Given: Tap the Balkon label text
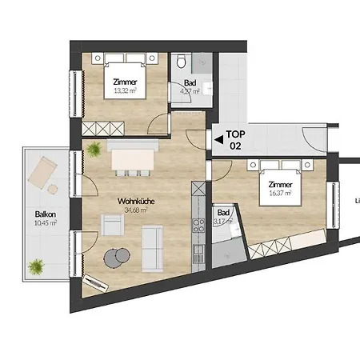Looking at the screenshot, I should (x=45, y=214).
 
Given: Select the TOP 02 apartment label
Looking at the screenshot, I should (x=236, y=140).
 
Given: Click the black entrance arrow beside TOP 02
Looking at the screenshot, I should (x=218, y=139).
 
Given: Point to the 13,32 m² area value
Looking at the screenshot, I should (x=124, y=90).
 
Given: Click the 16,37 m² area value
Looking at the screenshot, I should (x=278, y=193).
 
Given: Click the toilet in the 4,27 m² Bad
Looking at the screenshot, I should (x=183, y=62).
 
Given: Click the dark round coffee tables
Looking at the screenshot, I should (x=118, y=257).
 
